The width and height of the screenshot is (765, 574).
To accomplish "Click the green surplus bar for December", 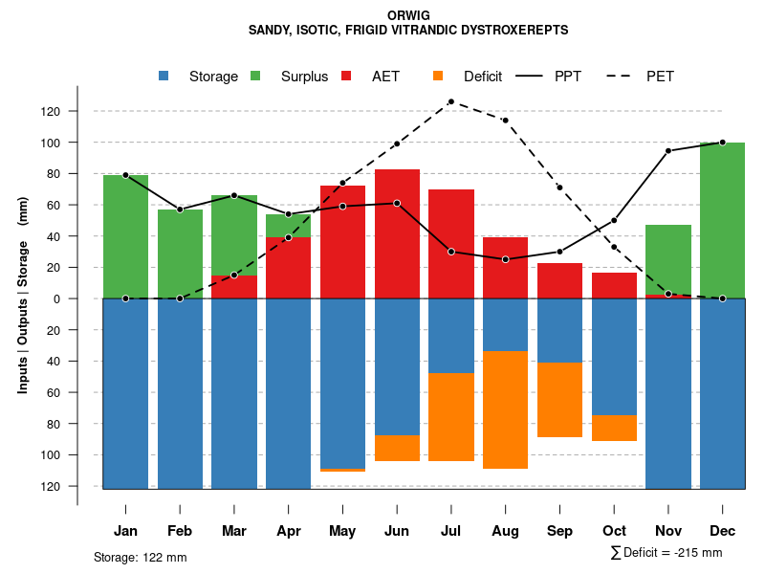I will tap(722, 220).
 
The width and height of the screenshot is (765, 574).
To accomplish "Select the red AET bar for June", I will tap(397, 233).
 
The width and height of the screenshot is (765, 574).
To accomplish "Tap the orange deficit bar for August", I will tap(505, 409).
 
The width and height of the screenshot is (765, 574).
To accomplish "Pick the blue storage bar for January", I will tap(125, 393).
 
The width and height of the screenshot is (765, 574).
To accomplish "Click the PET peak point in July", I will tap(450, 101).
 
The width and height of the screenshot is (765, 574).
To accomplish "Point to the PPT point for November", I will tap(668, 151).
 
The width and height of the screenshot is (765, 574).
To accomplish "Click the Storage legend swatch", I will tap(164, 76).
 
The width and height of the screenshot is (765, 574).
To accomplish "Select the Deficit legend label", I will tap(483, 77).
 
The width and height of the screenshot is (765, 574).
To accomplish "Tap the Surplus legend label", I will tap(304, 77).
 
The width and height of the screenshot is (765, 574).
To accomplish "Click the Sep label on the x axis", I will tap(559, 531).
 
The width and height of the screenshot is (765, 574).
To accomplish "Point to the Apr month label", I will tap(288, 531).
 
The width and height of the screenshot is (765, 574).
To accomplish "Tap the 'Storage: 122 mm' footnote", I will tap(141, 557).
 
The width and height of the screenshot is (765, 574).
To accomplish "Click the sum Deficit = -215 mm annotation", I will tap(666, 553).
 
